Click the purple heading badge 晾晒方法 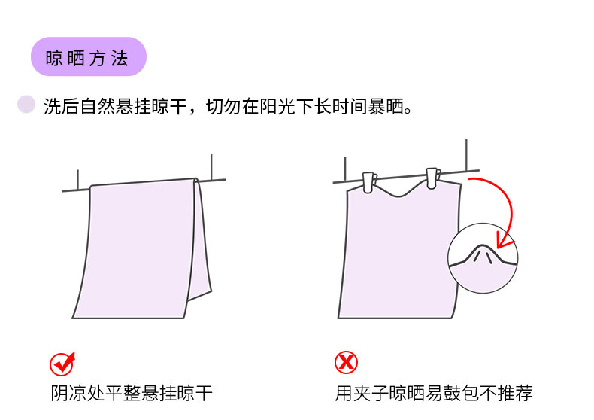(x=88, y=56)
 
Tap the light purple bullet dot (x=26, y=104)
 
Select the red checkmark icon (x=62, y=364)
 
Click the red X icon (x=346, y=362)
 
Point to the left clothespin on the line (x=369, y=183)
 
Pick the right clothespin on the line (x=432, y=178)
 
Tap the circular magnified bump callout (x=483, y=257)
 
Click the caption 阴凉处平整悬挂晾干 (x=132, y=393)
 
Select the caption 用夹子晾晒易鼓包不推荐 (x=434, y=393)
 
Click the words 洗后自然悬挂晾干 (x=116, y=106)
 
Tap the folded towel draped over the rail (x=142, y=248)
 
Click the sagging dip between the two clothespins (x=399, y=195)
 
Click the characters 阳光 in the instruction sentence (x=277, y=106)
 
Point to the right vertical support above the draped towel (x=211, y=167)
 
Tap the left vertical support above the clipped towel (x=345, y=169)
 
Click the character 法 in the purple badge (x=120, y=59)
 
